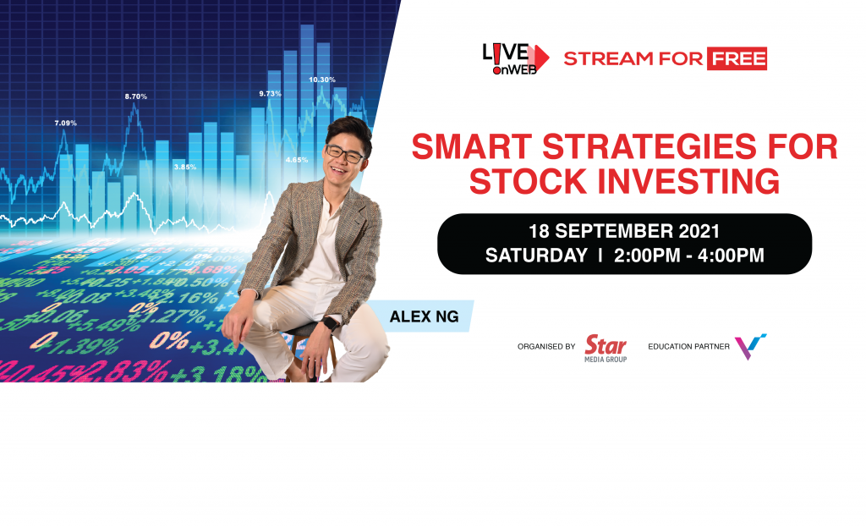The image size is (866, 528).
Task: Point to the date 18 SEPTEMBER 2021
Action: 624,231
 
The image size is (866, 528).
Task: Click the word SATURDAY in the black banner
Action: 536,256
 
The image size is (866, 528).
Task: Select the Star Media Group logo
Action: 606,348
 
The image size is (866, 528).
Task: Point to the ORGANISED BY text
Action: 545,347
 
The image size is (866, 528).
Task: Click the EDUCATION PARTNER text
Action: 688,347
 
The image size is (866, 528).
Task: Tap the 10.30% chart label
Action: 321,80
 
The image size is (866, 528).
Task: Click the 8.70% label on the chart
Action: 135,96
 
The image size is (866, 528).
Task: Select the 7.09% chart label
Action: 65,123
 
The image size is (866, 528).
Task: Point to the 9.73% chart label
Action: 270,93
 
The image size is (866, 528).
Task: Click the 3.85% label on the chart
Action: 184,167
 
